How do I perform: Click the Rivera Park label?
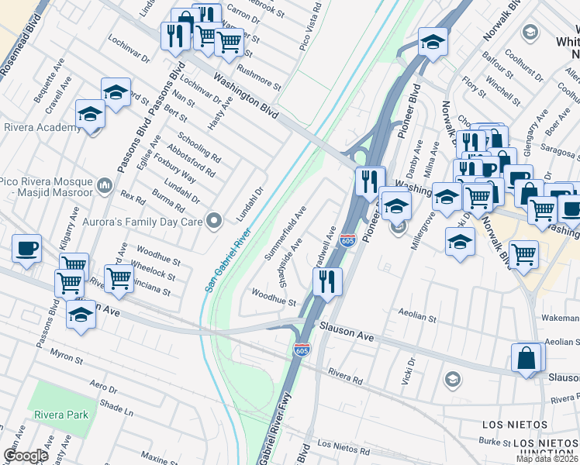(60, 415)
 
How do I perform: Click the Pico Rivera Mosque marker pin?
(105, 186)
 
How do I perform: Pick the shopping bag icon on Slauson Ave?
(527, 359)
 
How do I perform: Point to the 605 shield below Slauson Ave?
(302, 350)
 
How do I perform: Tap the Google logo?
(26, 456)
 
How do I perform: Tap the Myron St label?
(66, 359)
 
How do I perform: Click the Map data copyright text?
(547, 459)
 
